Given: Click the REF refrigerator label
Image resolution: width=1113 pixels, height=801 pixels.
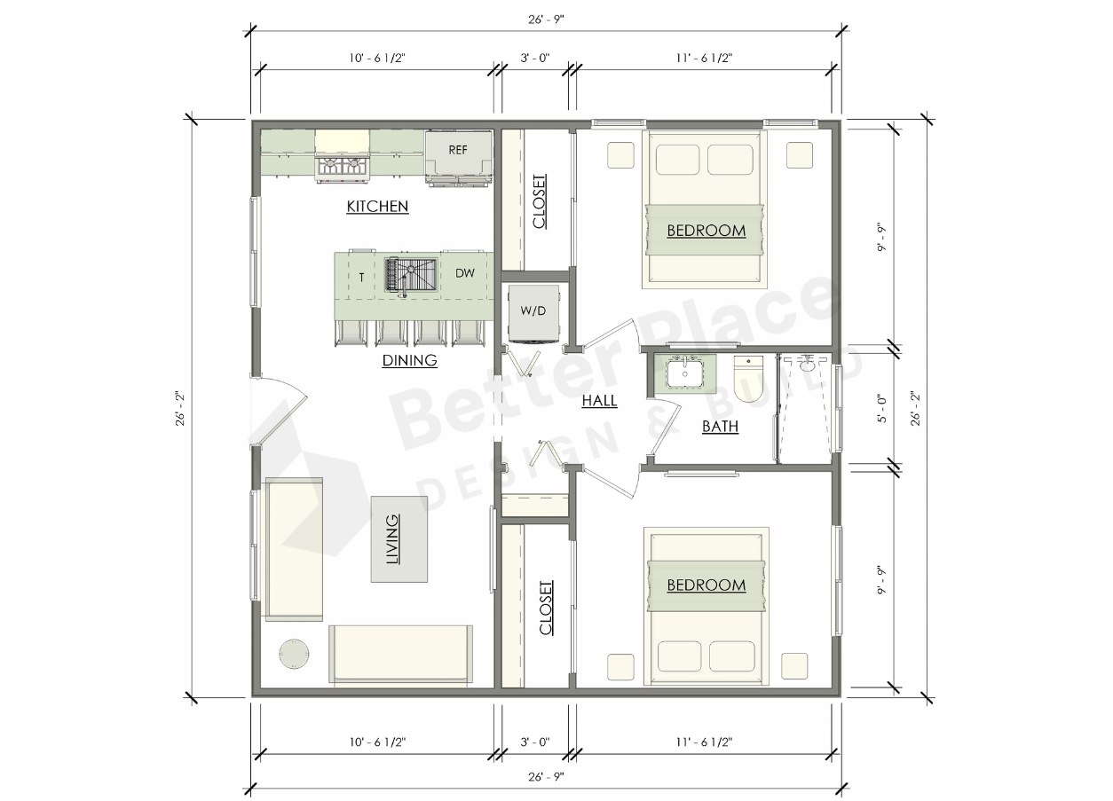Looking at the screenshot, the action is [x=458, y=150].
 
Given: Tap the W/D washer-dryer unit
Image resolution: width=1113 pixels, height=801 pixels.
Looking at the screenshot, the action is [x=533, y=313].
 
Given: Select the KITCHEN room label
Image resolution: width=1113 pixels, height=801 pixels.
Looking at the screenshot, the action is [x=377, y=207].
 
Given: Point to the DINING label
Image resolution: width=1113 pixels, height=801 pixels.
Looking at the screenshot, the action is [x=409, y=360].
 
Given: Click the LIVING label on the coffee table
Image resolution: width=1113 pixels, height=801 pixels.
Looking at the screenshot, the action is [x=393, y=539].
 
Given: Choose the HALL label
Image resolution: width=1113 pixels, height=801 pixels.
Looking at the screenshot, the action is [x=599, y=401].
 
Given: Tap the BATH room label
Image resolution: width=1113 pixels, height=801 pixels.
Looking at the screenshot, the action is [x=720, y=427].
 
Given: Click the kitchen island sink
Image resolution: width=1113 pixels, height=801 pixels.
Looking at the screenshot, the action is [x=411, y=275].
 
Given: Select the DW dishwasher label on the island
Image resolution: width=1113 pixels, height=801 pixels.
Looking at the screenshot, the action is [x=464, y=273].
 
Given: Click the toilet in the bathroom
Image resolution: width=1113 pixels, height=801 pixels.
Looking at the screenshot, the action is [x=748, y=379].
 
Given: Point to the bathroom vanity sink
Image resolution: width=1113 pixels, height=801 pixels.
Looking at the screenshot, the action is [x=685, y=374].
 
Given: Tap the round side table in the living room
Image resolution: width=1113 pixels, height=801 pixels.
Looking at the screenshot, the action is [x=294, y=654].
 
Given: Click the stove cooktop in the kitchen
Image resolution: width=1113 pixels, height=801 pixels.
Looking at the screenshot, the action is [x=342, y=168].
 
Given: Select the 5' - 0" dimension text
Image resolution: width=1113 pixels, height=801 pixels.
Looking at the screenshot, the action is [x=882, y=409].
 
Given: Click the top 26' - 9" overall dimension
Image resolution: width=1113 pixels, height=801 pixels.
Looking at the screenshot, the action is [x=546, y=20].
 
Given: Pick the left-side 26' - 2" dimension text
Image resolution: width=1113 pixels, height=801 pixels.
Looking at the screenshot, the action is [x=180, y=409].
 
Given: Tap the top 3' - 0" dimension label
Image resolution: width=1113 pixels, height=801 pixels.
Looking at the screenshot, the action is [x=535, y=58].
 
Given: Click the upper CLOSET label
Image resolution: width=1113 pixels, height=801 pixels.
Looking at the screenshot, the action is [x=539, y=201].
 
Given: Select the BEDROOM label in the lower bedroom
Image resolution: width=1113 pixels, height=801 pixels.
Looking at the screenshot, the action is [x=706, y=585].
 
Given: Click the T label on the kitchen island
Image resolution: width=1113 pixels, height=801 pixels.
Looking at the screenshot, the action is [x=361, y=278].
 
